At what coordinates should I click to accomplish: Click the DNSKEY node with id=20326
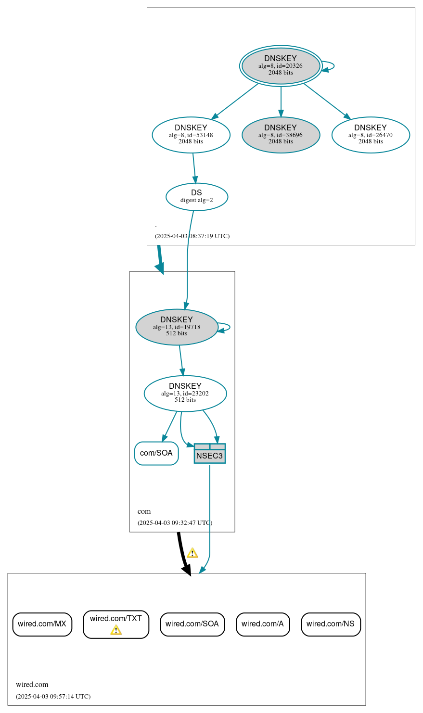281,66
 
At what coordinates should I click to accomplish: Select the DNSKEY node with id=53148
191,135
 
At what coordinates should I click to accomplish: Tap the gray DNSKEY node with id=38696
281,135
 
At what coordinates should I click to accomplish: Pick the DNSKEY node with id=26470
371,135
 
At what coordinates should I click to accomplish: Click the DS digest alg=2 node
196,196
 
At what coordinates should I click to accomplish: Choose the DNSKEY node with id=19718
177,327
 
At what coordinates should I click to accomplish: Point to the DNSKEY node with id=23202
185,394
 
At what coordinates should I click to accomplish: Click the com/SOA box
156,453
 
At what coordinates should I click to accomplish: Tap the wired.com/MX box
42,624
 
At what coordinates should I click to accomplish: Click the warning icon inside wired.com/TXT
116,630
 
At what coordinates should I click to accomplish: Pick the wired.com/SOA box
192,624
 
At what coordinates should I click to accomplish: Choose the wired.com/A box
263,624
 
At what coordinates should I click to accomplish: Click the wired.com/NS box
331,624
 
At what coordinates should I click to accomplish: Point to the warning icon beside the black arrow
192,553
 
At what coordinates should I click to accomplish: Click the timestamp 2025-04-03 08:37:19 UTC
192,236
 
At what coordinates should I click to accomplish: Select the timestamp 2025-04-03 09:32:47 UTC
175,523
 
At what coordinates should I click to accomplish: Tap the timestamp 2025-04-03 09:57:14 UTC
53,697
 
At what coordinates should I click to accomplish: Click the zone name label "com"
144,511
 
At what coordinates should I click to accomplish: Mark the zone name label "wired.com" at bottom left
32,685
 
